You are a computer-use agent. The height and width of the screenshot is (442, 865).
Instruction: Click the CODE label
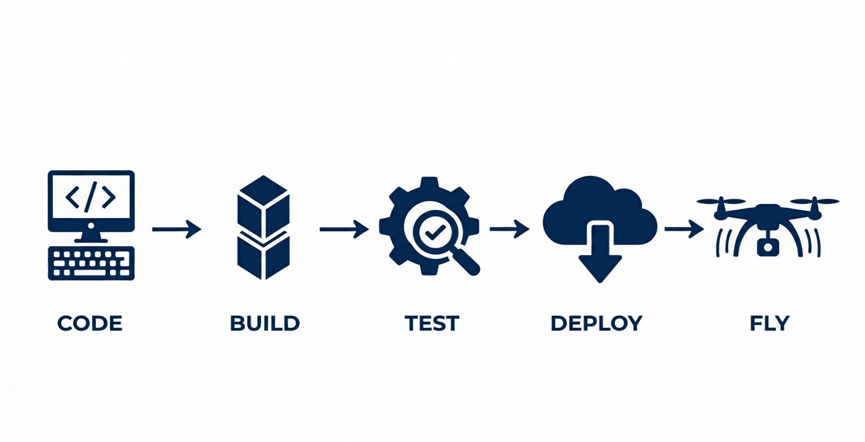90,323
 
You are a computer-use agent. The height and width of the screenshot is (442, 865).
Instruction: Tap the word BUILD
264,323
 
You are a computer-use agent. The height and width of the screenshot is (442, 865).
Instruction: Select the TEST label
431,323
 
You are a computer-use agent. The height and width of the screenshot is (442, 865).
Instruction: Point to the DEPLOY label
596,323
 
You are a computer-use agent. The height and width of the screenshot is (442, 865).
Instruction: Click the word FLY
769,323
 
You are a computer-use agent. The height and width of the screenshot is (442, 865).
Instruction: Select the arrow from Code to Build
176,229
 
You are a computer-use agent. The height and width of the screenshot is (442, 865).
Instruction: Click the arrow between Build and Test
344,229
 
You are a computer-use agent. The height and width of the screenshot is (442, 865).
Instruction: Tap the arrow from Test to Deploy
509,229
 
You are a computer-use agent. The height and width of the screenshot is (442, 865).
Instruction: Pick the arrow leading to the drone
684,229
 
